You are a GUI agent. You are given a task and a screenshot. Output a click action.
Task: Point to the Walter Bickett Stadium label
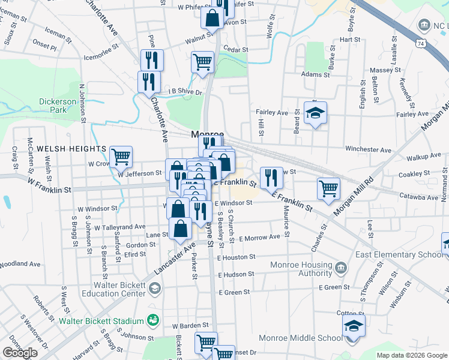(101, 321)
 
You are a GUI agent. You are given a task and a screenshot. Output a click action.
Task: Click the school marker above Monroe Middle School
(354, 328)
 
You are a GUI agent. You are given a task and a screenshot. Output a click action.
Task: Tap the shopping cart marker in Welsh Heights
(121, 157)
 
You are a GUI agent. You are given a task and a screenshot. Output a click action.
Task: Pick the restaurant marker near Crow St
(271, 176)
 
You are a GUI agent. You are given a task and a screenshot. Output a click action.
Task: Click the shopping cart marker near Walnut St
(203, 62)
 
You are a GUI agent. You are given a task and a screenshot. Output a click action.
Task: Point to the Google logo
(20, 353)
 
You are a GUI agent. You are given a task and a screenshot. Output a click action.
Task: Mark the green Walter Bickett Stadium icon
(154, 320)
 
